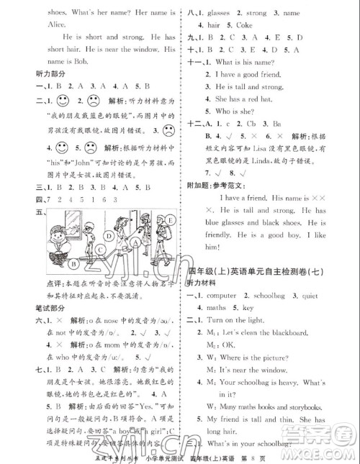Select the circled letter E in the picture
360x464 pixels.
click(x=167, y=219)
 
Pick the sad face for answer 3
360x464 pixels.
click(x=167, y=130)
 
